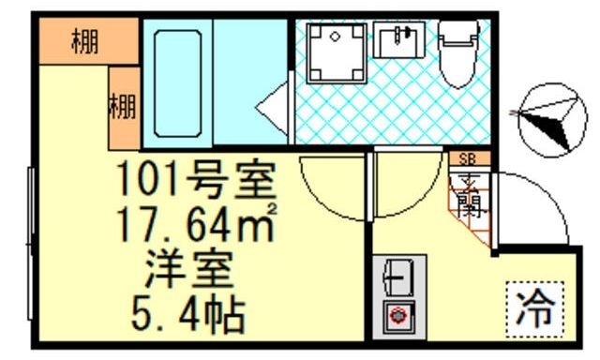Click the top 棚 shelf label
click(x=85, y=42)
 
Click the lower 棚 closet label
click(x=123, y=108)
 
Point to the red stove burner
click(x=397, y=316)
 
